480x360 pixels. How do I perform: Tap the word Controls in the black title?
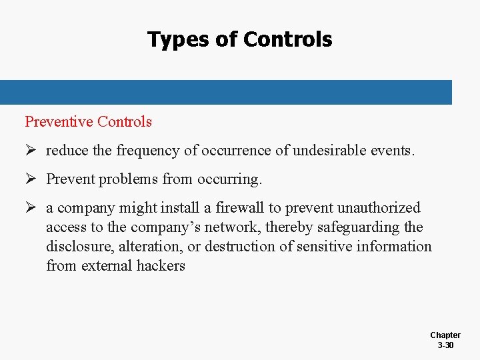coord(287,40)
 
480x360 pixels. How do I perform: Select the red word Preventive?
coord(59,121)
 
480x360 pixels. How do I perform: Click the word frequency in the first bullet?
coord(147,151)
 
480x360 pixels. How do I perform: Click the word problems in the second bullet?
coord(127,179)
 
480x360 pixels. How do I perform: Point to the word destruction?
coord(241,247)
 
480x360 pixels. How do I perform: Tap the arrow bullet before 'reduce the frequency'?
coord(31,151)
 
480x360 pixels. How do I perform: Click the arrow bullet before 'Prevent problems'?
coord(31,179)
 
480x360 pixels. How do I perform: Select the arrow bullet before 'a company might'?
coord(31,208)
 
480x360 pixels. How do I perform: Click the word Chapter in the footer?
coord(445,335)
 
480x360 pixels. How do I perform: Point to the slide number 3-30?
coord(445,345)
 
